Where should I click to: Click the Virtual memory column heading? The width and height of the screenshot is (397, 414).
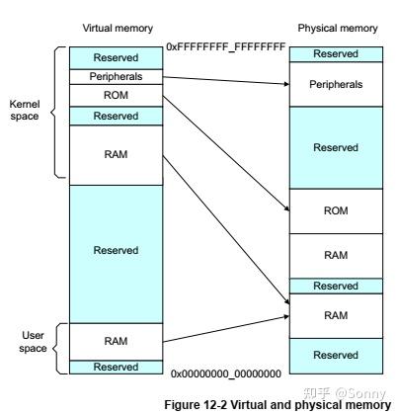[x=116, y=29]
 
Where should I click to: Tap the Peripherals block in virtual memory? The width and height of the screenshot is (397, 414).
[x=116, y=76]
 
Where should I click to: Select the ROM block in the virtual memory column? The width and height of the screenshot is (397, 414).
[x=116, y=95]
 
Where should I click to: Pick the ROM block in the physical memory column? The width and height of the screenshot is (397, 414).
[x=335, y=210]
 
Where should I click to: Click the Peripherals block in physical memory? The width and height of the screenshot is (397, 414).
[x=335, y=84]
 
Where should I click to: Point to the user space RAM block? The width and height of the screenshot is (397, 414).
[x=116, y=340]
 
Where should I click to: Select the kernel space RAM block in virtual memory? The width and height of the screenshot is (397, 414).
[x=116, y=153]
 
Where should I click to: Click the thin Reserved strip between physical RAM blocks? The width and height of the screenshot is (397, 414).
[x=335, y=286]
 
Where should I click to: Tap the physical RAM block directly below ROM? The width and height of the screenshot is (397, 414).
[x=335, y=255]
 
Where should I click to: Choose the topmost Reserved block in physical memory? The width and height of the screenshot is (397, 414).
[x=335, y=53]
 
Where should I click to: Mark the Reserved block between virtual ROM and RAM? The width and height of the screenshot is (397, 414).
[x=116, y=116]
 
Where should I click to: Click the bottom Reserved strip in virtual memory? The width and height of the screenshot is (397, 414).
[x=116, y=367]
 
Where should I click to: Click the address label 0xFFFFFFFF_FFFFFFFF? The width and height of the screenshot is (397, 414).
[x=225, y=46]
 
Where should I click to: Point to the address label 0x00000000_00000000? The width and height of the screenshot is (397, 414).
[x=225, y=374]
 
